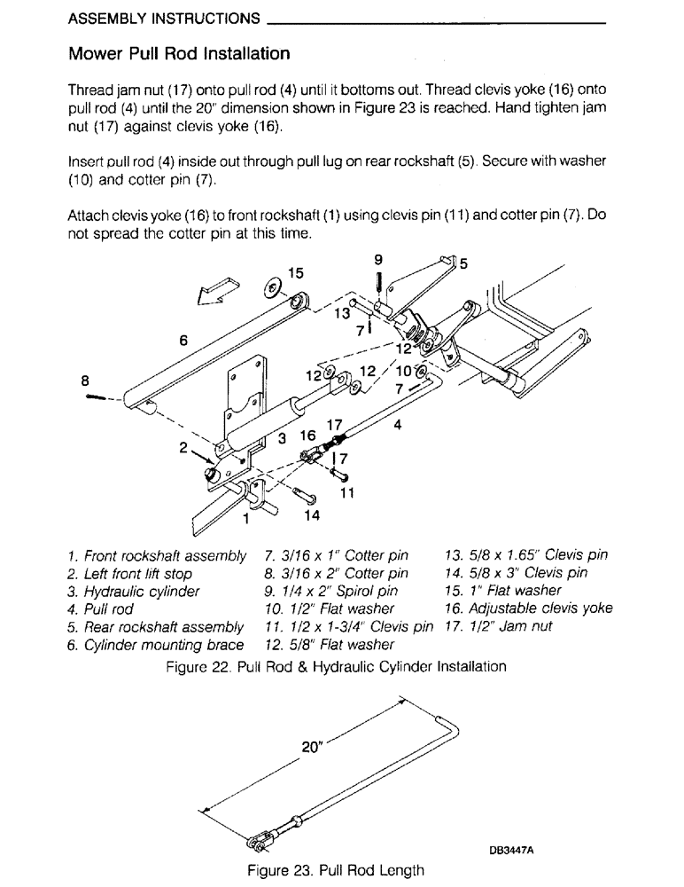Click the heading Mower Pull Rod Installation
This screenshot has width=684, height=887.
[179, 54]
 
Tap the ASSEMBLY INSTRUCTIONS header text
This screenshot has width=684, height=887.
[164, 18]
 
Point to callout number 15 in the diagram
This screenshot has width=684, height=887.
[296, 273]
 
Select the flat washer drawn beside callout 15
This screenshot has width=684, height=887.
[272, 289]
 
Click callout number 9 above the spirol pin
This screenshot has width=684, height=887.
[378, 259]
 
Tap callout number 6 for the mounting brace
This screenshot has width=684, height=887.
[183, 338]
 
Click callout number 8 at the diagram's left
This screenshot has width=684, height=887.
[85, 381]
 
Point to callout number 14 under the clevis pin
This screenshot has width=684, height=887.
[313, 514]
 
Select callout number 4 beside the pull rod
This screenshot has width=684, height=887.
[398, 424]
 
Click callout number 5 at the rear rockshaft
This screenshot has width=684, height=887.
[462, 263]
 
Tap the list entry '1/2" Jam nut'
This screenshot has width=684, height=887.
[502, 625]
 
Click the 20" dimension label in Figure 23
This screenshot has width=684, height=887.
[311, 747]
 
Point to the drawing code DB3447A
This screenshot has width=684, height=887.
[515, 849]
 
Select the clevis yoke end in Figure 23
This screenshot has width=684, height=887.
[259, 836]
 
